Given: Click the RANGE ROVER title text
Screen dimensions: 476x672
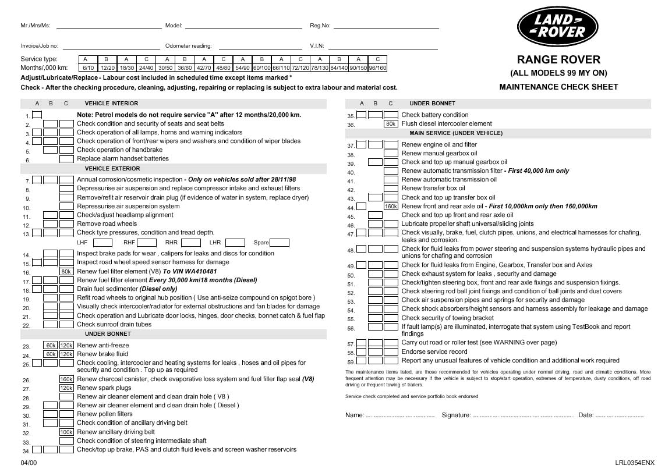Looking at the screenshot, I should (x=558, y=59).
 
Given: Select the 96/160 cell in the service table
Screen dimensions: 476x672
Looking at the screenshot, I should (x=377, y=68).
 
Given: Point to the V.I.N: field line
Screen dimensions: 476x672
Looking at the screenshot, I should (x=383, y=48).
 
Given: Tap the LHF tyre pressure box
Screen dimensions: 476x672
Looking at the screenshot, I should (x=102, y=243).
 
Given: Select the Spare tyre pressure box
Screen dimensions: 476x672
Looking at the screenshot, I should (x=280, y=243).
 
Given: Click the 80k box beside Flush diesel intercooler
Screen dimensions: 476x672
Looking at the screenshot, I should (x=391, y=124).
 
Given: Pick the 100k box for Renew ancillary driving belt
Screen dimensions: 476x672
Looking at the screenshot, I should (x=66, y=432).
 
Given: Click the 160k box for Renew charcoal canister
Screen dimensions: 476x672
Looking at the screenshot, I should (x=66, y=379).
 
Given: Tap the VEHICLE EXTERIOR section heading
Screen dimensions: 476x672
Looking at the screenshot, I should (x=112, y=169).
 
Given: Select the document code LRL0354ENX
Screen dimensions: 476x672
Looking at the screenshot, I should (x=634, y=463).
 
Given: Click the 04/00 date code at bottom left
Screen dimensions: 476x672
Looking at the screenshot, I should (x=28, y=463).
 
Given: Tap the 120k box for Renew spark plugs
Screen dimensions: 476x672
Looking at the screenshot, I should (x=66, y=388).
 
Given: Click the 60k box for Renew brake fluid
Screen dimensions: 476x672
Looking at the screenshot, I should (x=51, y=354).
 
